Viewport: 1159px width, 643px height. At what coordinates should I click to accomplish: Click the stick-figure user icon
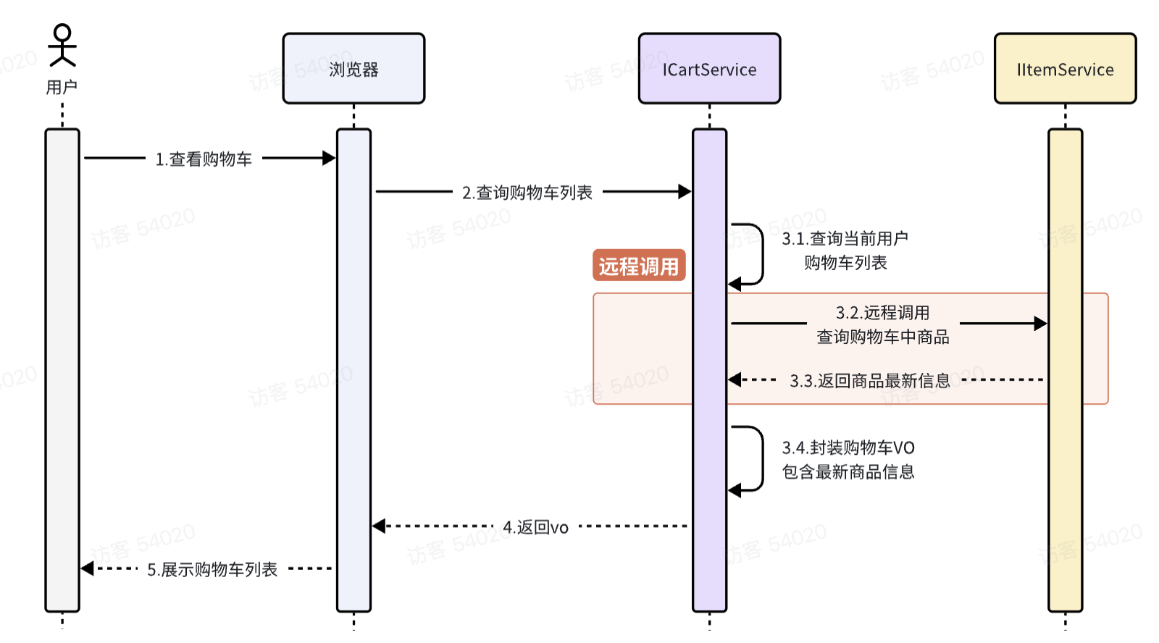pos(62,45)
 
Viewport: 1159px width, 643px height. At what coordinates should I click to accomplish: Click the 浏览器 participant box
pos(353,69)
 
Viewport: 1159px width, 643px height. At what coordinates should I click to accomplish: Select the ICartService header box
pos(709,69)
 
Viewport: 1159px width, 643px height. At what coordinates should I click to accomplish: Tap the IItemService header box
pos(1065,69)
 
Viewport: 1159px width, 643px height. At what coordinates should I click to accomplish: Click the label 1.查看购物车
pos(204,159)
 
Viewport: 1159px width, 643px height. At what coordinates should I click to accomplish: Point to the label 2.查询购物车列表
pos(527,193)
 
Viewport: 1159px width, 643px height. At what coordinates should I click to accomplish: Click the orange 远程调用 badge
pos(639,266)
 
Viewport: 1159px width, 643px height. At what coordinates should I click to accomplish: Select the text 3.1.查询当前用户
pos(845,238)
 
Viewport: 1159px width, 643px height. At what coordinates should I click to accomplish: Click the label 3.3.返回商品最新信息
pos(869,380)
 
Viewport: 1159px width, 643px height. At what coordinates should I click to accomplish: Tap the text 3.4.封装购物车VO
pos(848,447)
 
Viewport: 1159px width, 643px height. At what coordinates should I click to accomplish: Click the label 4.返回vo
pos(536,527)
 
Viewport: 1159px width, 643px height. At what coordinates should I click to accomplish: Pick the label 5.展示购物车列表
pos(212,570)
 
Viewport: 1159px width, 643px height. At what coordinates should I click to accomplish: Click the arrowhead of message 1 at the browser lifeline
pos(329,158)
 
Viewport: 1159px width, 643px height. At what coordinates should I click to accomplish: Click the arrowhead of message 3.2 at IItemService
pos(1040,323)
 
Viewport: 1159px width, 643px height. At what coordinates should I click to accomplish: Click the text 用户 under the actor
pos(62,88)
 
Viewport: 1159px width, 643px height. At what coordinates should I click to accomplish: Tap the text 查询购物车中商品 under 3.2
pos(882,337)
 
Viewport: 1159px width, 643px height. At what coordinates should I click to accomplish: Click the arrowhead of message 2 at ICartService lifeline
pos(685,191)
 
